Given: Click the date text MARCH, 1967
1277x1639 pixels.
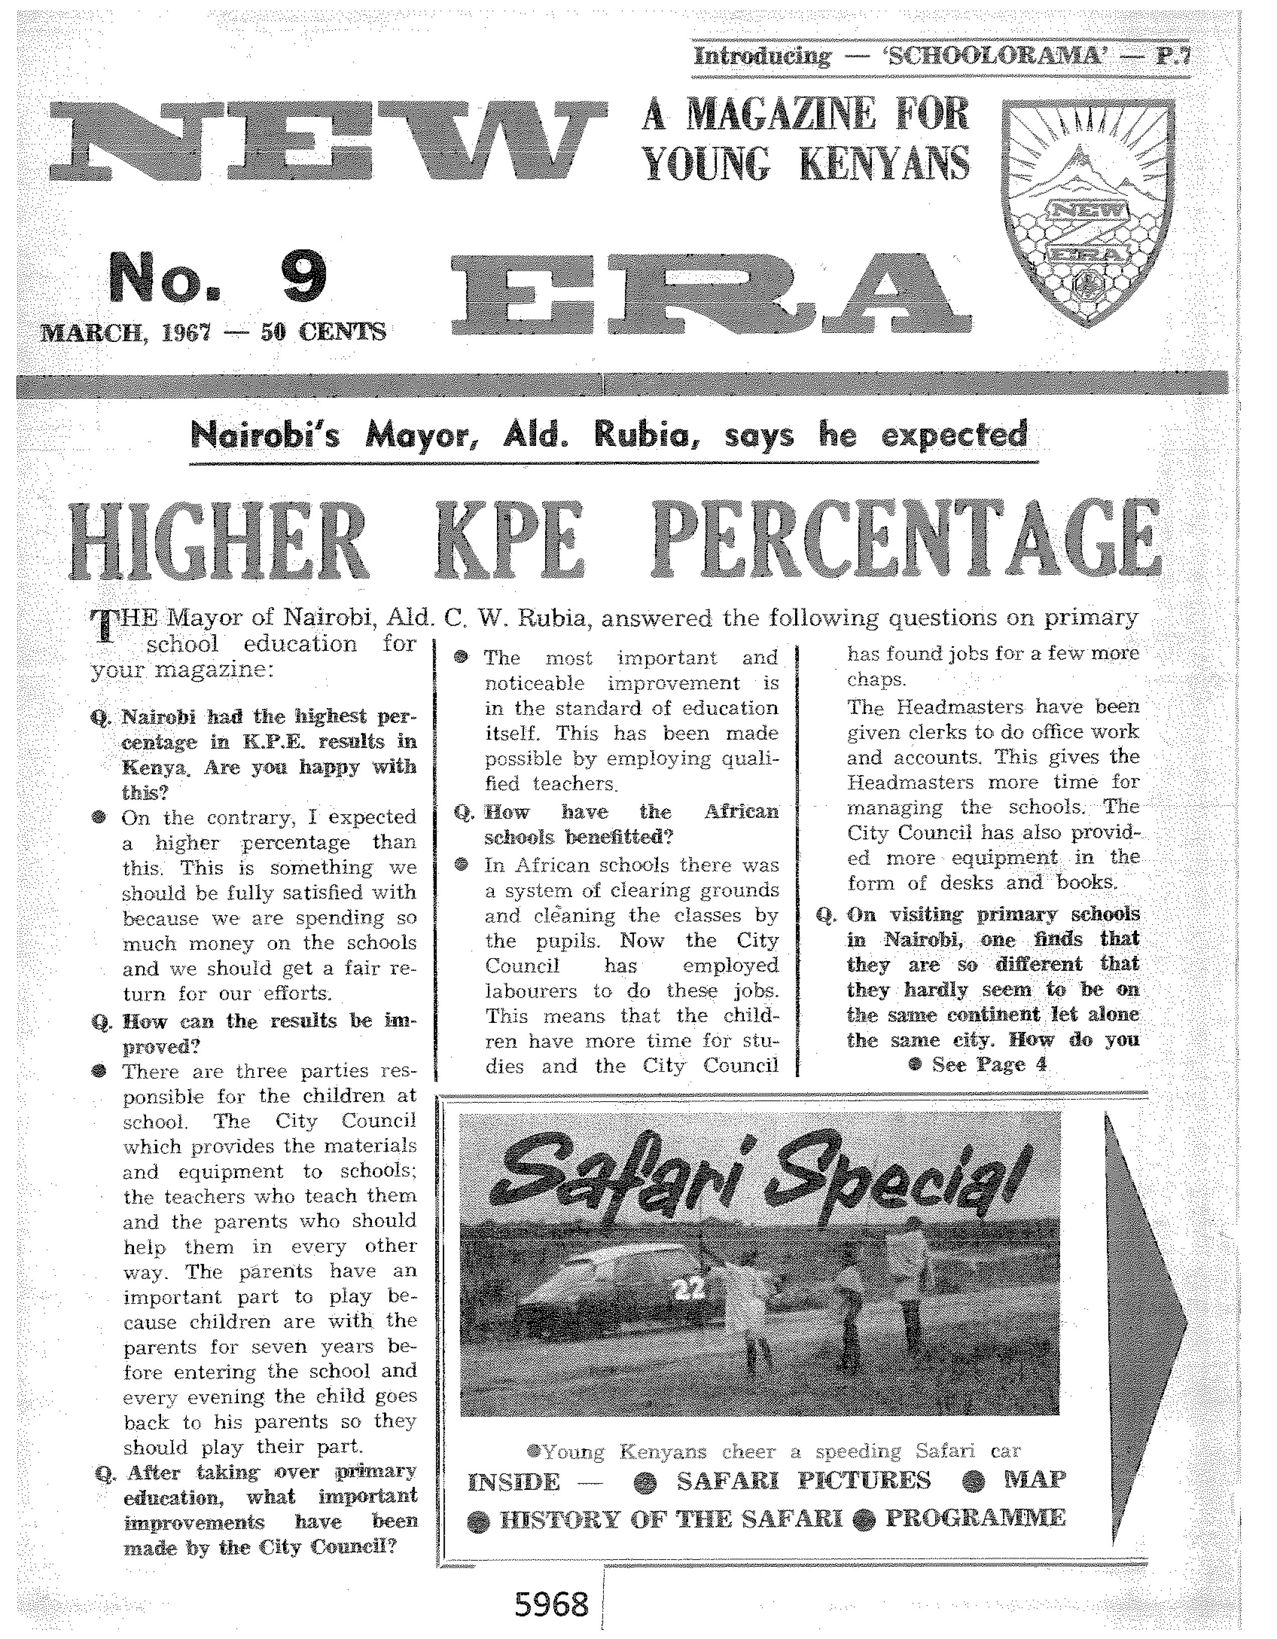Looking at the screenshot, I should pyautogui.click(x=125, y=332).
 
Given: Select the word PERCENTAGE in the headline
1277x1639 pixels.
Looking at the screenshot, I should pyautogui.click(x=906, y=539).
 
